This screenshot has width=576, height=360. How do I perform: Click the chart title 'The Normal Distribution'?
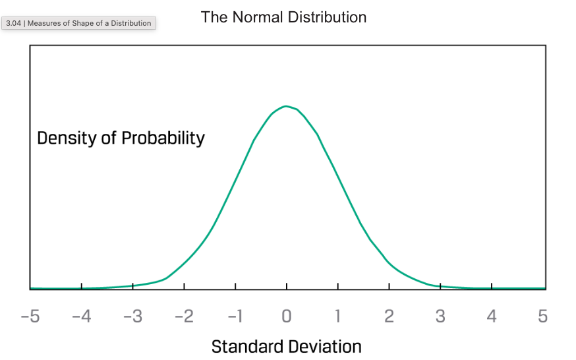click(283, 17)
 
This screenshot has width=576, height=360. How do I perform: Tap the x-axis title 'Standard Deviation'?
click(286, 346)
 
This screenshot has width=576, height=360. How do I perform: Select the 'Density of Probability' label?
click(121, 138)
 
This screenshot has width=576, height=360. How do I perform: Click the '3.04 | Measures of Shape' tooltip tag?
click(78, 23)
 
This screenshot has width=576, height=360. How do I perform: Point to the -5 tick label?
click(30, 317)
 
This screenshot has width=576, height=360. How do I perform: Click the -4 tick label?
click(81, 317)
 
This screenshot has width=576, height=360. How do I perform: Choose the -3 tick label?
click(132, 317)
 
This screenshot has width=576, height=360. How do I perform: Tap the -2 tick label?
click(184, 317)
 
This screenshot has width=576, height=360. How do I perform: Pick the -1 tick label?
click(235, 317)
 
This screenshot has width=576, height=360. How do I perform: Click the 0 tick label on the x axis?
click(286, 317)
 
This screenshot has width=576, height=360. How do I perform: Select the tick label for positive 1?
click(337, 317)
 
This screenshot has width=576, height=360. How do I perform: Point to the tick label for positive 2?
click(389, 317)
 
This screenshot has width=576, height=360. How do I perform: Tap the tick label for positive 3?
click(440, 317)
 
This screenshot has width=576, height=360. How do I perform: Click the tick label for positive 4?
click(492, 317)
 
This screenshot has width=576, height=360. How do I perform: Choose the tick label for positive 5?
click(543, 317)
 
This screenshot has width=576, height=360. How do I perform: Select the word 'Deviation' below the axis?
click(324, 346)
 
